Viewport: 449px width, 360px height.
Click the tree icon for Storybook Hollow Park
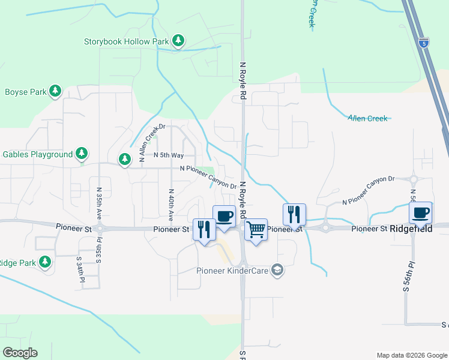pyautogui.click(x=178, y=41)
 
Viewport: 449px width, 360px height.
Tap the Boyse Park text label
pyautogui.click(x=26, y=92)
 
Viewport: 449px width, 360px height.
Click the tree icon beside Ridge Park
pyautogui.click(x=45, y=262)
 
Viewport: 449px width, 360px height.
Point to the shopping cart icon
pyautogui.click(x=256, y=229)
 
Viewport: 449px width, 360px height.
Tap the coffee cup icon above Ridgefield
pyautogui.click(x=420, y=212)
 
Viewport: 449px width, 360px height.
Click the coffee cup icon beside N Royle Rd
pyautogui.click(x=224, y=215)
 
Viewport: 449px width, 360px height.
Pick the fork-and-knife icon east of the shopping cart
pyautogui.click(x=294, y=214)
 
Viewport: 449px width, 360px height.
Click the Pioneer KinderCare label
pyautogui.click(x=233, y=270)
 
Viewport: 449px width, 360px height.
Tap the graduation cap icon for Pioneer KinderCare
pyautogui.click(x=277, y=269)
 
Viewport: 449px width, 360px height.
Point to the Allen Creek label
pyautogui.click(x=367, y=118)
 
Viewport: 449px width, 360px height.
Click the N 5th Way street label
pyautogui.click(x=169, y=155)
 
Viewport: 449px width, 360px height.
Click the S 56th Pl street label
pyautogui.click(x=406, y=277)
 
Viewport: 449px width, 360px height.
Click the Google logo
pyautogui.click(x=20, y=353)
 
